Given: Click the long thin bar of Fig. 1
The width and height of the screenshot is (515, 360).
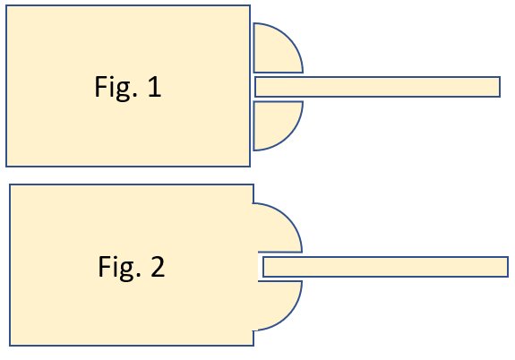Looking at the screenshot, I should [x=377, y=87].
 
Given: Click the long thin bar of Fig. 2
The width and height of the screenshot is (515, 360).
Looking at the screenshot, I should [x=385, y=267].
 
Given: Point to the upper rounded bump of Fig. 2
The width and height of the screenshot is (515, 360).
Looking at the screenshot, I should [x=278, y=230].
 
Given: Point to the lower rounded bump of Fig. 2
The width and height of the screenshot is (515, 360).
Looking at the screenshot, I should [x=278, y=303].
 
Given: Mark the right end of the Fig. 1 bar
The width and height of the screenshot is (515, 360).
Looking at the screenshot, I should [x=499, y=87].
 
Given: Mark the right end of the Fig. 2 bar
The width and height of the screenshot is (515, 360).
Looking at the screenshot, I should [x=508, y=267].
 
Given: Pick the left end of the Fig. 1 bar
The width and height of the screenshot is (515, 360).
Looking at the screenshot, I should [x=256, y=87].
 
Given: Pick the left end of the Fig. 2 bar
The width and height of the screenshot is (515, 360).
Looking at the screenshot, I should [x=264, y=267].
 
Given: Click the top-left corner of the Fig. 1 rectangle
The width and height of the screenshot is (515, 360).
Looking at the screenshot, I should [x=7, y=7].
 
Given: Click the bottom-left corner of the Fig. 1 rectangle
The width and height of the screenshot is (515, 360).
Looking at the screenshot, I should [x=7, y=166].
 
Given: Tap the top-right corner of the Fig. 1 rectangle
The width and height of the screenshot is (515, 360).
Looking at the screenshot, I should [x=249, y=7].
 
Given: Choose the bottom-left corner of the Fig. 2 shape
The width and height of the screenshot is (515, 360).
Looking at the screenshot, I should [x=10, y=344].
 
